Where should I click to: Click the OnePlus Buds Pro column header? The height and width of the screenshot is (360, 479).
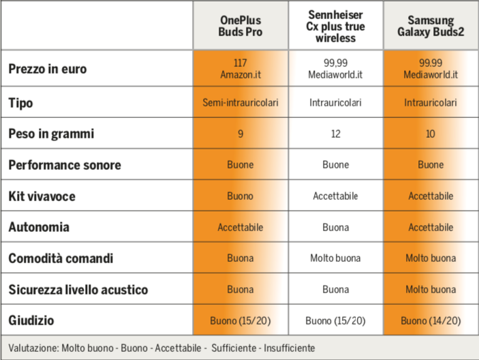[x=241, y=26]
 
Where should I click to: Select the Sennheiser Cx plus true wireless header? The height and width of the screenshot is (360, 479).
[x=335, y=27]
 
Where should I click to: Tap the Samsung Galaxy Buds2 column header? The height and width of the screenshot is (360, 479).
[x=431, y=26]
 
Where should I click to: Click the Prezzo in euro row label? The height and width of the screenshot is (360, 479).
[x=48, y=69]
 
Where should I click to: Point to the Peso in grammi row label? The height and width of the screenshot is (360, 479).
[x=51, y=134]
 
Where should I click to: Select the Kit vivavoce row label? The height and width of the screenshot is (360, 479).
[x=42, y=196]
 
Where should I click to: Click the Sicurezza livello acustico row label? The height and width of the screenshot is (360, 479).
[x=78, y=290]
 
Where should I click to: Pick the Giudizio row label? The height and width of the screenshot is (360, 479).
[x=31, y=320]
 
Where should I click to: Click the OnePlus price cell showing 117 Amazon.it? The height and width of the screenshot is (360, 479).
[x=241, y=69]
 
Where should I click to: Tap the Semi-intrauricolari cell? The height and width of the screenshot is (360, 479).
[x=241, y=102]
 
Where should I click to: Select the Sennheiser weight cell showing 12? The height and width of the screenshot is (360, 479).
[x=335, y=134]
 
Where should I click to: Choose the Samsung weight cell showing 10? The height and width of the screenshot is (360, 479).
[x=431, y=134]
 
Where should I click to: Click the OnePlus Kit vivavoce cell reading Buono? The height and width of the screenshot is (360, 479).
[x=240, y=196]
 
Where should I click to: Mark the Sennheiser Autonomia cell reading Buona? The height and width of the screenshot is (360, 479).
[x=335, y=227]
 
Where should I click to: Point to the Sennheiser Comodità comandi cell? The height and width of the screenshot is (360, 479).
[x=335, y=258]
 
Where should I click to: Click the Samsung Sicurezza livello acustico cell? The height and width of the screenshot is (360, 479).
[x=431, y=289]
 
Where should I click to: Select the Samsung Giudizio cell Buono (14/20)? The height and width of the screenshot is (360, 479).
[x=431, y=320]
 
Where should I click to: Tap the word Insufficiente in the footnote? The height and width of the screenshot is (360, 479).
[x=290, y=348]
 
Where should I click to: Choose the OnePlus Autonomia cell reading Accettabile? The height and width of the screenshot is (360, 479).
[x=241, y=227]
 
